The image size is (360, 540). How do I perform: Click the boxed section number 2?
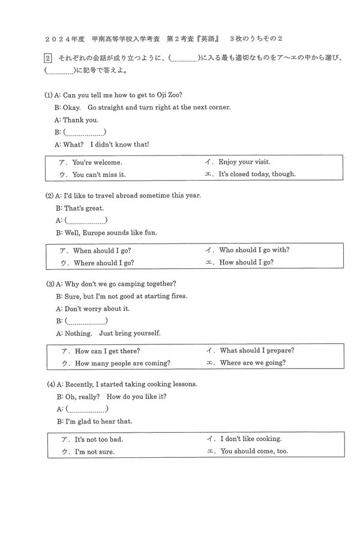point(48,58)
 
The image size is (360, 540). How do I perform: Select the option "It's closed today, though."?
point(257,174)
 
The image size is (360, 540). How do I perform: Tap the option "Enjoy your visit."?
point(244,161)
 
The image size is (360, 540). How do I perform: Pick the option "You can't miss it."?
point(98,175)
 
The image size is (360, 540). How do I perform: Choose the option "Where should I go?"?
point(103,263)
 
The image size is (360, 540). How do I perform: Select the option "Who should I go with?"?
point(254,250)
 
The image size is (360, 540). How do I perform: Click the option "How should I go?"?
point(246,262)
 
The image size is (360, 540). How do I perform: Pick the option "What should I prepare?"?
point(257,350)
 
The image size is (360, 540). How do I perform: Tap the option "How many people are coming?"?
point(122,363)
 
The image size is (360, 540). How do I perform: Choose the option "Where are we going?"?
point(253,362)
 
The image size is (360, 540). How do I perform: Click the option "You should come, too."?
point(254,451)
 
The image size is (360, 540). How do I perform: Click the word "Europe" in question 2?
point(100,233)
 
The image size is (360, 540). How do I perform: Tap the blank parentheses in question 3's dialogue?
point(86,321)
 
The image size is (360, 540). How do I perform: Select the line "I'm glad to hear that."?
point(98,421)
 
